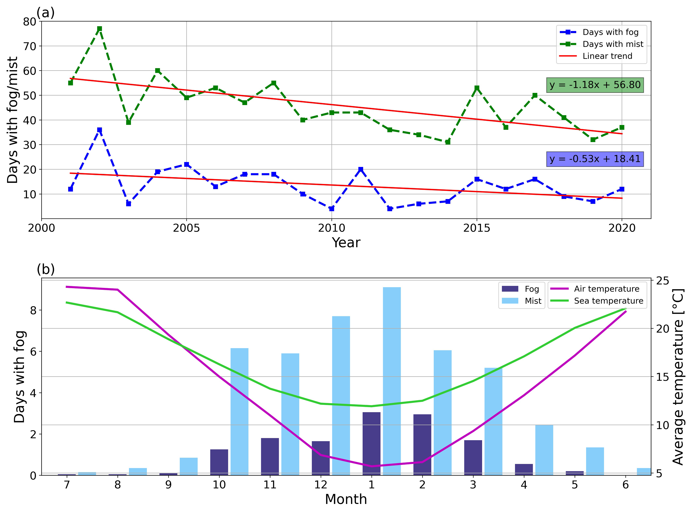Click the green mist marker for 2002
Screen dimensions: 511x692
99,29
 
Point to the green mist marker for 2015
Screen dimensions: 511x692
477,88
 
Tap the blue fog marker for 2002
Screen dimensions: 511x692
99,130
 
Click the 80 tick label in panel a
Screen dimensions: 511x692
30,22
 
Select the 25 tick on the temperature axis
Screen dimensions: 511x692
662,281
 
